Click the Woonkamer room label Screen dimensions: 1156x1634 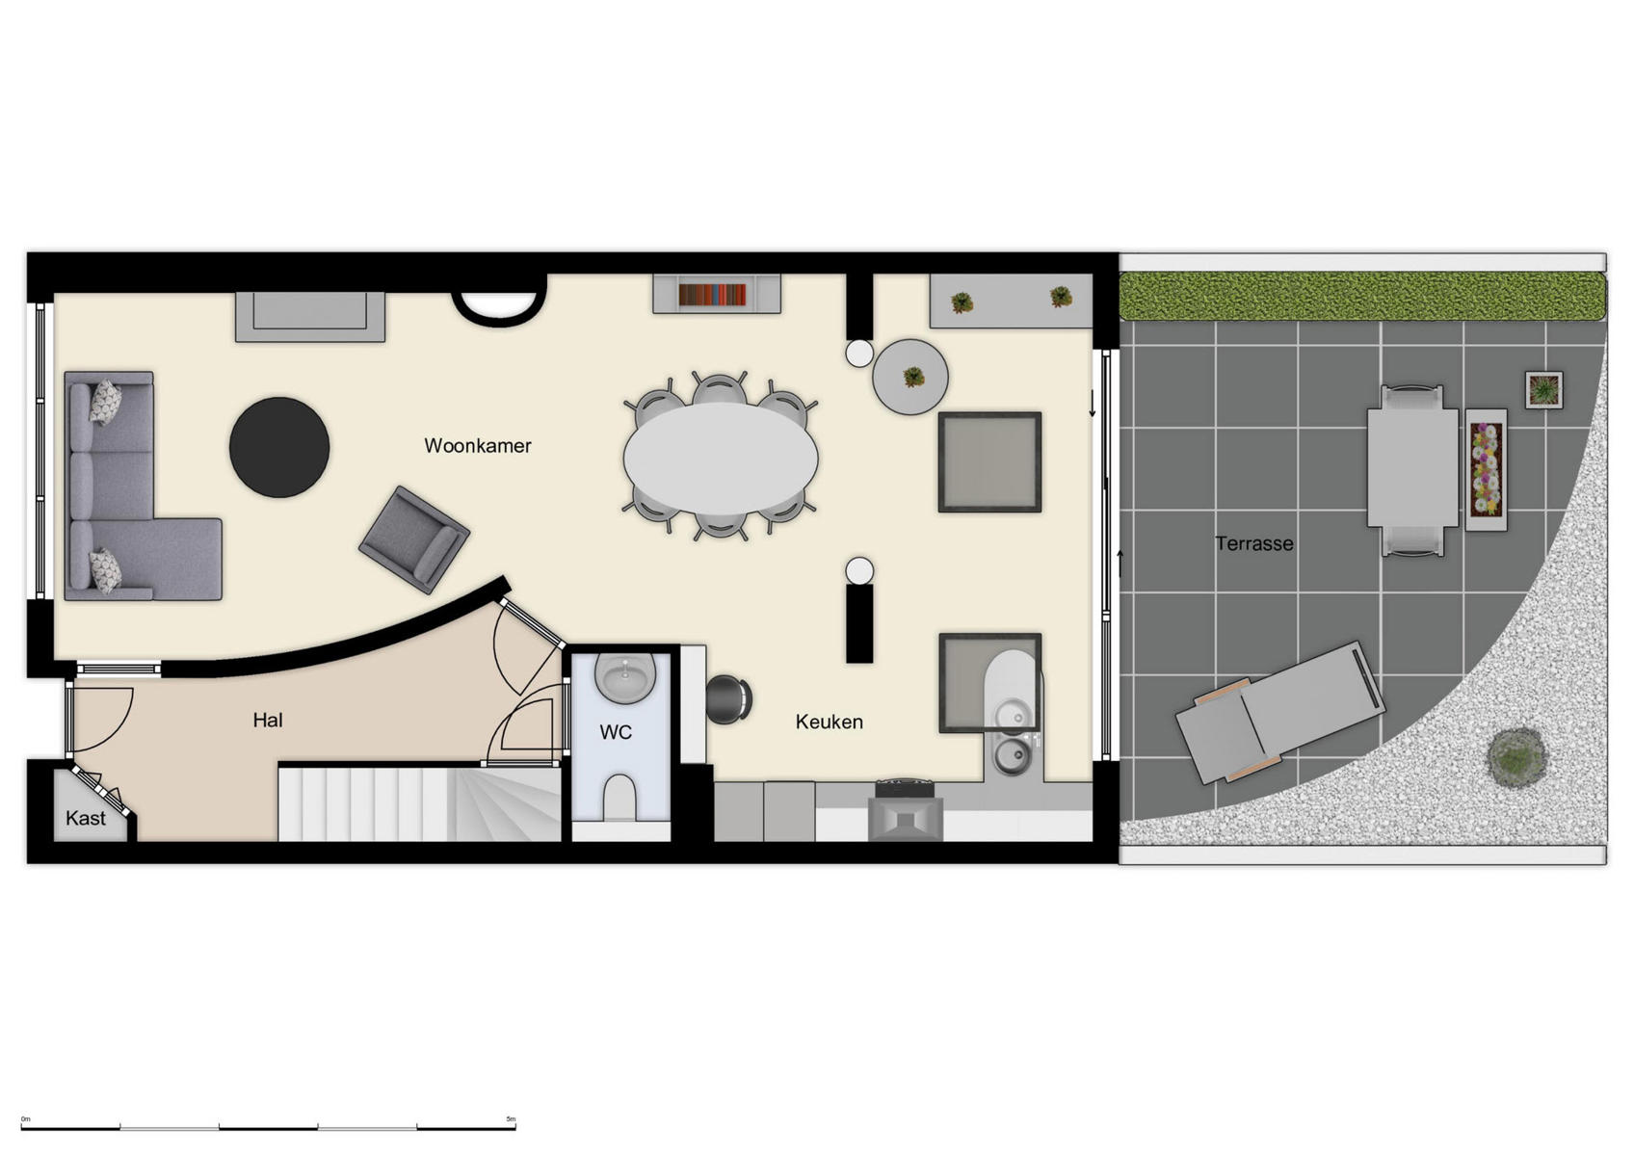click(477, 446)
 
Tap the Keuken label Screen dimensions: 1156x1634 click(829, 722)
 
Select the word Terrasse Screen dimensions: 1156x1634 click(1253, 543)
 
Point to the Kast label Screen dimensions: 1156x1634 click(85, 818)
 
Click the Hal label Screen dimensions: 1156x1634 click(268, 720)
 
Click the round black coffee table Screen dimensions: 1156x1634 click(279, 447)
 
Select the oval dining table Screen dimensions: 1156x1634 click(721, 458)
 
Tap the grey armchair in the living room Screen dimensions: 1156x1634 click(414, 539)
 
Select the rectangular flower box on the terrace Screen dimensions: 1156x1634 click(1486, 469)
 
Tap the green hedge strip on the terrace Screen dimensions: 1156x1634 click(1362, 297)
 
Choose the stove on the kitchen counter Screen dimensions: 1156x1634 click(905, 811)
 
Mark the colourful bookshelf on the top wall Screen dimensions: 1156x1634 click(713, 294)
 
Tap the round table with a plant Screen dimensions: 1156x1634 click(910, 377)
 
